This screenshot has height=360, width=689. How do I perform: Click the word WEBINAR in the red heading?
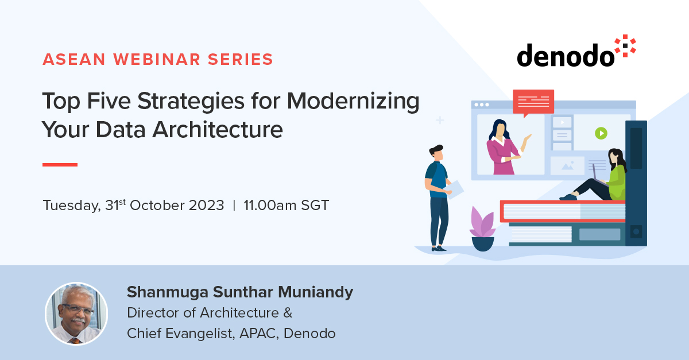[x=157, y=59]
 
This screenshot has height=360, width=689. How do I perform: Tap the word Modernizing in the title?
[x=353, y=102]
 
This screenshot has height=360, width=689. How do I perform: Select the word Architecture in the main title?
[x=218, y=130]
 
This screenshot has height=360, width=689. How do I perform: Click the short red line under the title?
[x=60, y=165]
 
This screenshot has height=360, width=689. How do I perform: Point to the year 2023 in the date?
[x=206, y=205]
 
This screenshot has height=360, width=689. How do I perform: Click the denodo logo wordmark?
[x=566, y=55]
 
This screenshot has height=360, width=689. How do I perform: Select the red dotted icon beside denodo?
[x=625, y=46]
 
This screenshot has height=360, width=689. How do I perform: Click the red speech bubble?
[x=533, y=102]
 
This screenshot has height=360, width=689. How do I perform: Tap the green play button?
[x=601, y=134]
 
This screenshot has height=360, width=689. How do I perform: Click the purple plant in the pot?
[x=482, y=222]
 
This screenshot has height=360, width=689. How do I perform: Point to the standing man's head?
[x=437, y=153]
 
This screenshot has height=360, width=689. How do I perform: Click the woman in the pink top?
[x=505, y=147]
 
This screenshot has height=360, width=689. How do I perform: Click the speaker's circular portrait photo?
[x=76, y=313]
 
